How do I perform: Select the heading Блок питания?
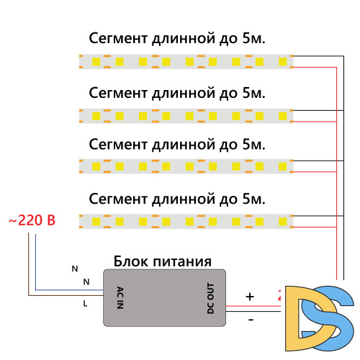coord(161,261)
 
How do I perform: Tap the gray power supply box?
coord(166,295)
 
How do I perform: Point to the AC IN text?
coord(120,297)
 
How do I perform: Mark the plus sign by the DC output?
coord(250,296)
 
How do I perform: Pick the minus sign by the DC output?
coord(250,318)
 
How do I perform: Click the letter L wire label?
coord(85,305)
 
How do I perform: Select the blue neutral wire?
coord(65,289)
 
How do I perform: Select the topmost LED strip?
coord(185,62)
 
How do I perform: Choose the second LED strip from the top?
coord(185,114)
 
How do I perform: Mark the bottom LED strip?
coord(185,219)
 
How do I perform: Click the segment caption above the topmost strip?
coord(177,39)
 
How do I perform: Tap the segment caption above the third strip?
coord(177,144)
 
